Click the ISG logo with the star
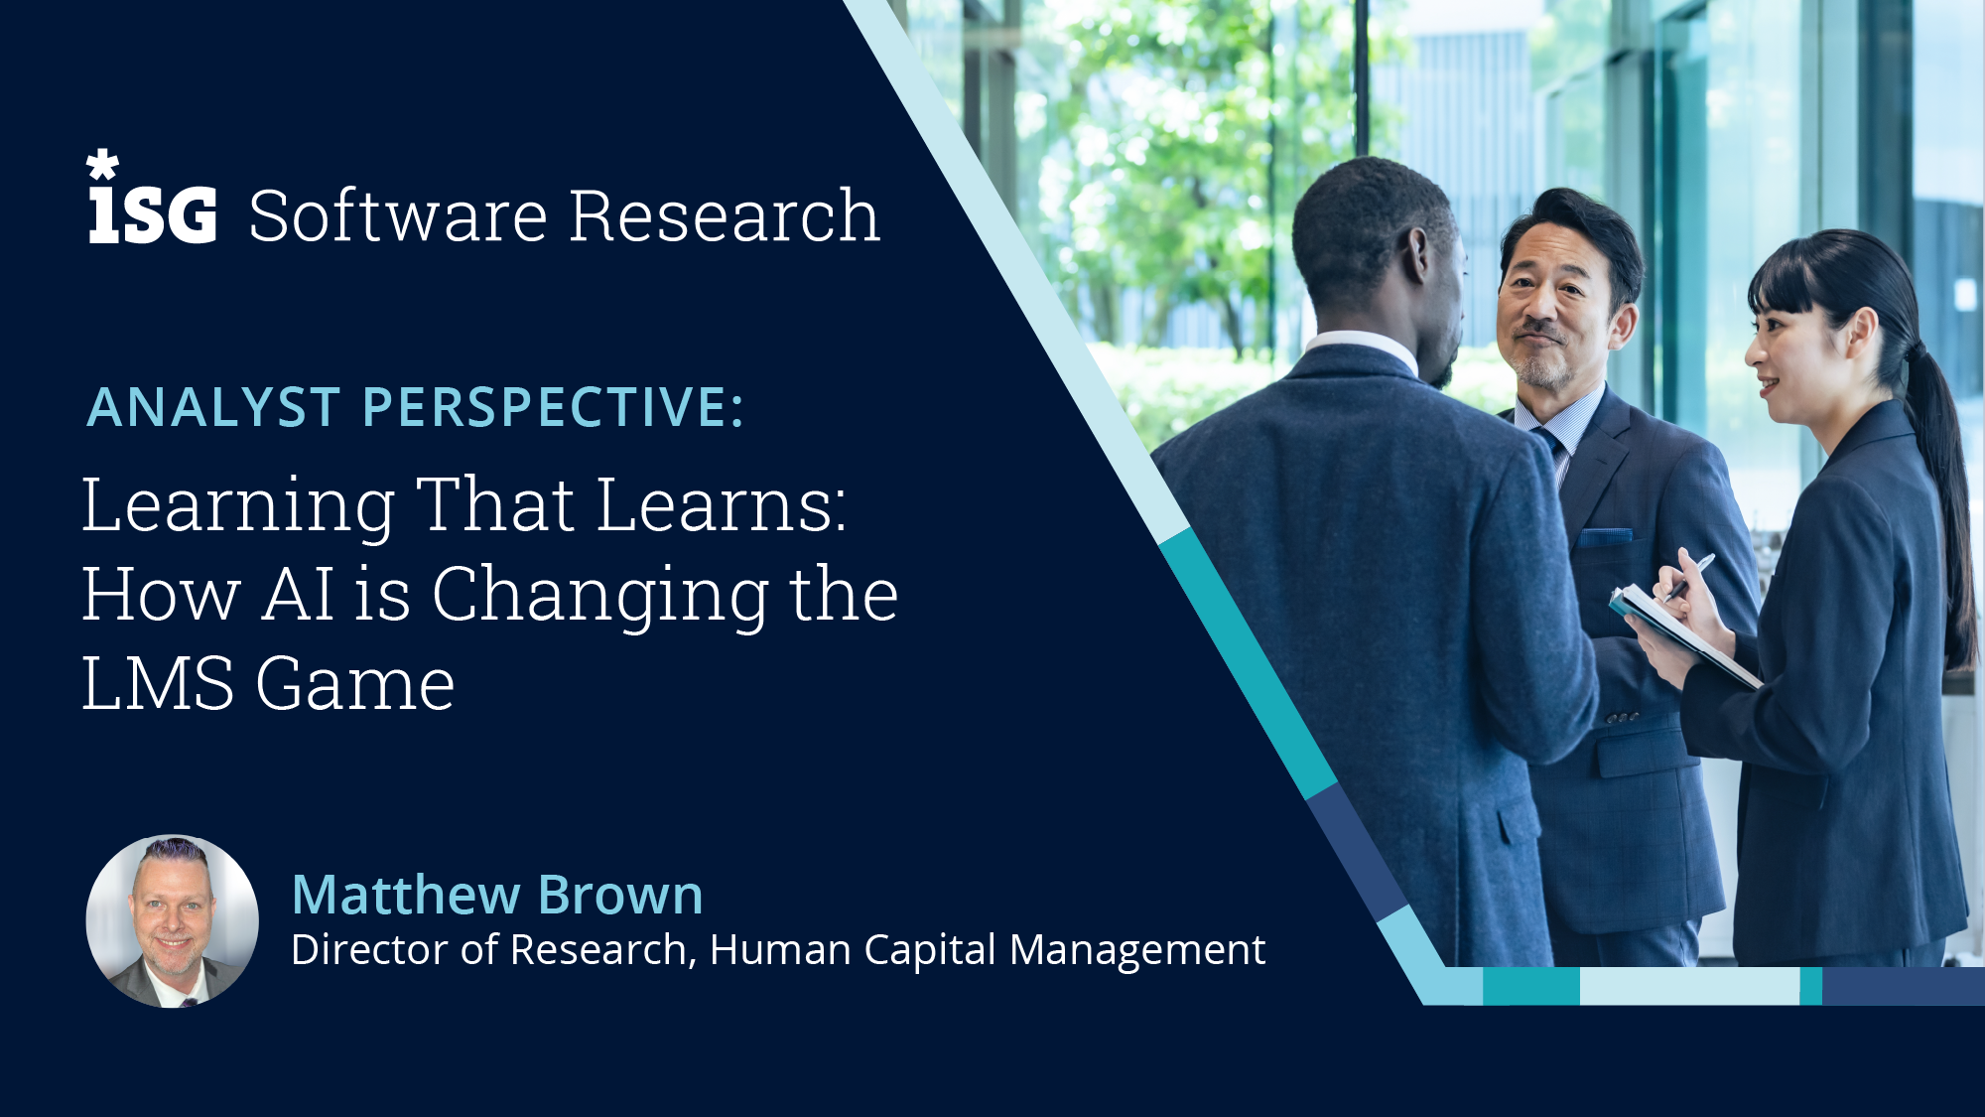(x=152, y=202)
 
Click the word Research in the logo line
(x=725, y=215)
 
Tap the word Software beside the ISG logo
(x=397, y=215)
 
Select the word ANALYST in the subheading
(x=213, y=407)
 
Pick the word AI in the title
(x=298, y=595)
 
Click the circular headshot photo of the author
(x=173, y=921)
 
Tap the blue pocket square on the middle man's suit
(x=1605, y=536)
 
